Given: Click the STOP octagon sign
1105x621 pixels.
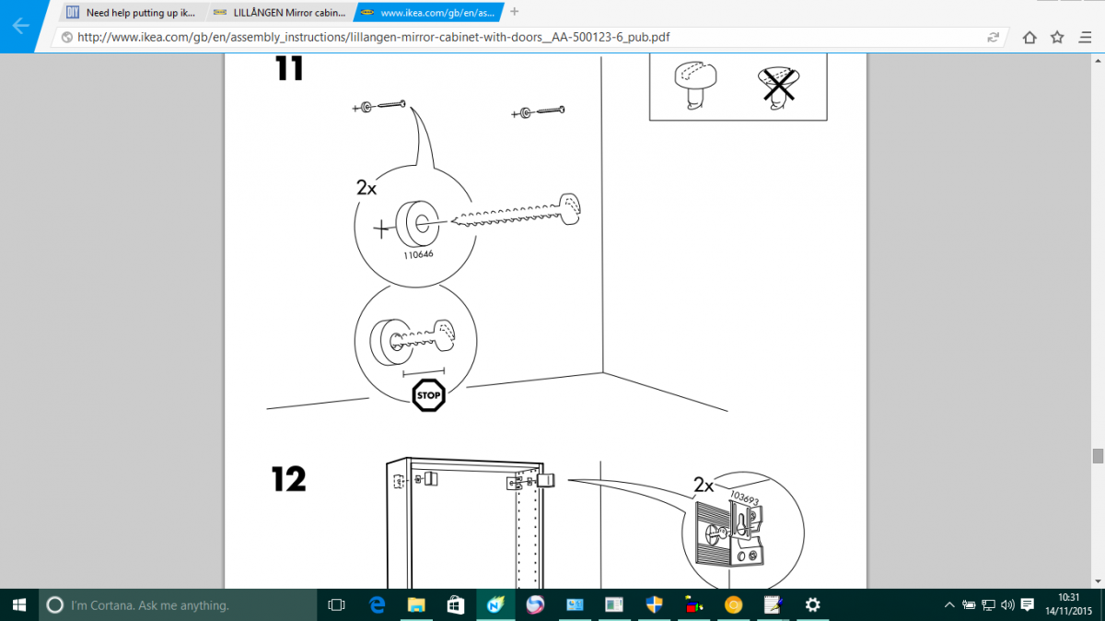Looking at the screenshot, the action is point(428,395).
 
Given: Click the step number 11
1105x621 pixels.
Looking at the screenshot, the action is point(289,68).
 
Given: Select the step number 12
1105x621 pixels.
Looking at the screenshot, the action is point(288,479).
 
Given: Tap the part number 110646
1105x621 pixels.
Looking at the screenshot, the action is point(418,254).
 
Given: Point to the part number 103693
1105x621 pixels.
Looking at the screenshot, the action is point(744,498).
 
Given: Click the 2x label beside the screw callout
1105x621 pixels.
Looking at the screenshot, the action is point(366,188).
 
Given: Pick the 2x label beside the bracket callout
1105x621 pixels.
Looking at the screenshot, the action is point(704,485).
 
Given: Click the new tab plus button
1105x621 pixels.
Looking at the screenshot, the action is point(514,11).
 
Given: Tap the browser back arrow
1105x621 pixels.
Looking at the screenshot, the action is point(20,26).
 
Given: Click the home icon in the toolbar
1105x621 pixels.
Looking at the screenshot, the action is point(1029,38).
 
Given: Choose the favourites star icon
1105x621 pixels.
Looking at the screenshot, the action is point(1057,38).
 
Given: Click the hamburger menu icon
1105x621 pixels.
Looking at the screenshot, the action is point(1085,38).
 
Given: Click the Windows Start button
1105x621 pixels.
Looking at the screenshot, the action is point(19,604).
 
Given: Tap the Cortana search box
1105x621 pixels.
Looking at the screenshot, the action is point(178,604).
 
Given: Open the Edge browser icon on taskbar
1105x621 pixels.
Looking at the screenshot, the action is point(377,604).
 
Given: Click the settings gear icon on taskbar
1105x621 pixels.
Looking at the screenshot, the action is point(812,604).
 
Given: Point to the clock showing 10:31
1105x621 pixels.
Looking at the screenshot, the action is point(1069,598).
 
